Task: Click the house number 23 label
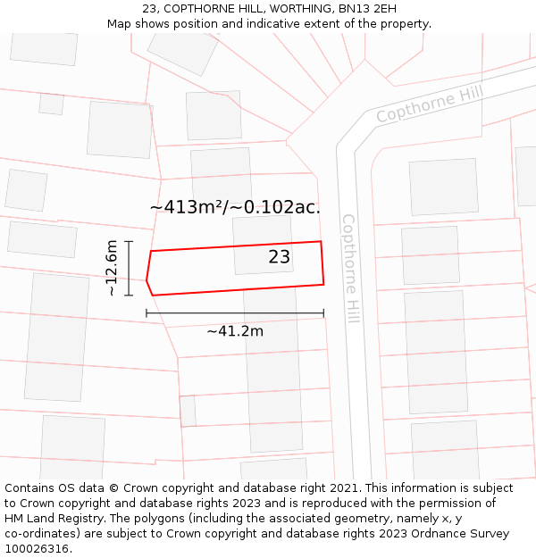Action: click(280, 257)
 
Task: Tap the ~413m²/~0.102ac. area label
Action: click(235, 207)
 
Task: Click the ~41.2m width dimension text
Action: click(235, 331)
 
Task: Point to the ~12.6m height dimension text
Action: click(112, 268)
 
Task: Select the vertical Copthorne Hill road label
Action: click(349, 268)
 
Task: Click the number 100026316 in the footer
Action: click(37, 548)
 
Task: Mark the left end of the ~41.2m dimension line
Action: click(147, 313)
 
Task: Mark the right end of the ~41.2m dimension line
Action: click(323, 313)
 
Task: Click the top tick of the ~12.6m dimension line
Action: click(129, 241)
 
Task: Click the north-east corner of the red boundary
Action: click(321, 241)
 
